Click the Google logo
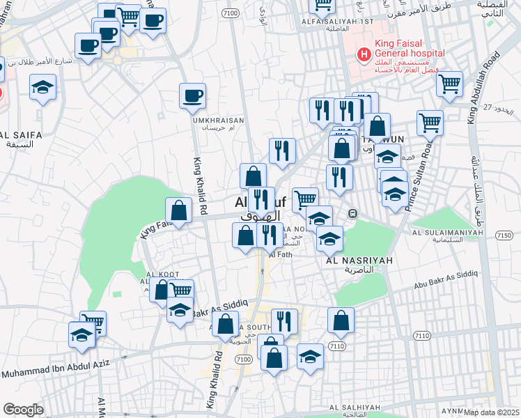click(x=23, y=409)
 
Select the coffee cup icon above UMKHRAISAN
click(x=192, y=96)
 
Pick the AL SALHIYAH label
click(x=353, y=408)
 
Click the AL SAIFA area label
click(x=21, y=134)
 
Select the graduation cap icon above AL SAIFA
click(x=43, y=87)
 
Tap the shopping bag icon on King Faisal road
click(x=179, y=210)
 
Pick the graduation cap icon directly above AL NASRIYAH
click(x=329, y=239)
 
